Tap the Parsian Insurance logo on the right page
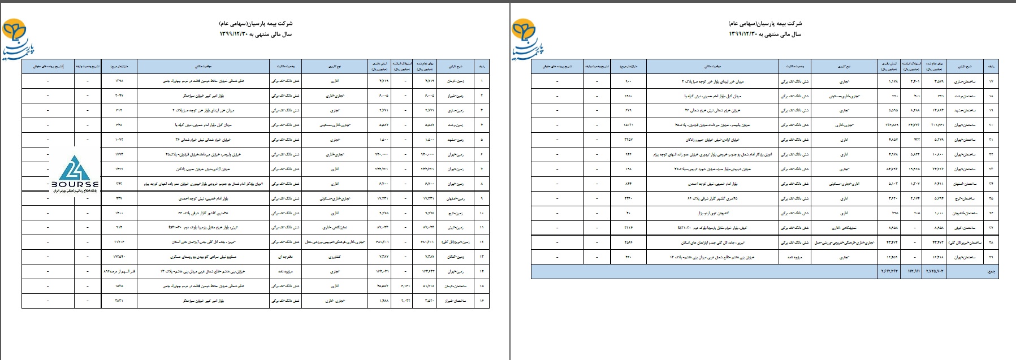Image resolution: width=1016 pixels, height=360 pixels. click(527, 38)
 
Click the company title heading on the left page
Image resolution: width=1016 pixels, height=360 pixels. click(256, 24)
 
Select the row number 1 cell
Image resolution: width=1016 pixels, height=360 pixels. click(481, 81)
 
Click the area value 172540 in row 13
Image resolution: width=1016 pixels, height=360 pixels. click(119, 257)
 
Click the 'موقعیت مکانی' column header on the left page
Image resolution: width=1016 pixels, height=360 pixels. click(204, 67)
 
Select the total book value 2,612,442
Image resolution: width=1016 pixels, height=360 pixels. click(889, 272)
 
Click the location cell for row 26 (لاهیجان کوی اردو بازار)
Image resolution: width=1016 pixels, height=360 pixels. click(713, 213)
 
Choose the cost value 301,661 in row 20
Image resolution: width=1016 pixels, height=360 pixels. click(937, 125)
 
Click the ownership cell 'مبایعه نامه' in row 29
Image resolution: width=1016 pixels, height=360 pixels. click(794, 257)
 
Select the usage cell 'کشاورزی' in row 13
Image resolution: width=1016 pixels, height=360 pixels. click(334, 257)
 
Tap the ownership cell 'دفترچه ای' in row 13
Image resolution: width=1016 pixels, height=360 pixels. click(285, 257)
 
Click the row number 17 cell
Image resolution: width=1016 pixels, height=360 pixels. click(991, 81)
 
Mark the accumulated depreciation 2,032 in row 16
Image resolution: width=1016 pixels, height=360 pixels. click(405, 301)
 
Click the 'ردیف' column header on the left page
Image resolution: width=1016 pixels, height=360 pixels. click(481, 67)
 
